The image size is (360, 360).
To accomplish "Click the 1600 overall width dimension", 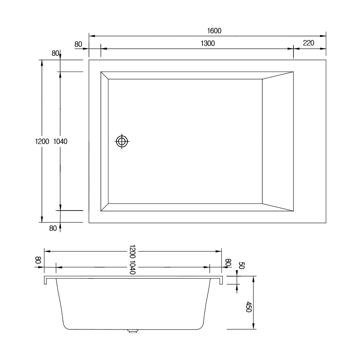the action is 214,31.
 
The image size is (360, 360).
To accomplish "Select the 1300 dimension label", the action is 207,43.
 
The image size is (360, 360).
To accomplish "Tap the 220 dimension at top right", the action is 308,43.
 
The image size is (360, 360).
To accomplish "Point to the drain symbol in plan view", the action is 122,141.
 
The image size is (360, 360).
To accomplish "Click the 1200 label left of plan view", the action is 42,141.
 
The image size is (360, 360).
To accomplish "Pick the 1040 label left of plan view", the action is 60,141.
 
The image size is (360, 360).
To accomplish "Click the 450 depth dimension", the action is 249,307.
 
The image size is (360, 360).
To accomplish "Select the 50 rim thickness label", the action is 241,265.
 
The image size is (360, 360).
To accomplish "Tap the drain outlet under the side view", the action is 133,331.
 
